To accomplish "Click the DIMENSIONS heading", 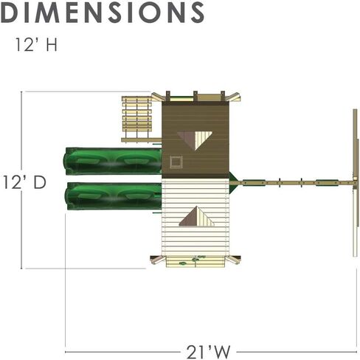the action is pyautogui.click(x=103, y=13).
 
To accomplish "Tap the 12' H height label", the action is pyautogui.click(x=36, y=44).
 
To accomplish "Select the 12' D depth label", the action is pyautogui.click(x=24, y=182).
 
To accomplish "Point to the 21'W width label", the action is pyautogui.click(x=208, y=352).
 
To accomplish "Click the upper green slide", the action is pyautogui.click(x=113, y=161).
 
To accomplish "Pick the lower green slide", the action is pyautogui.click(x=114, y=196).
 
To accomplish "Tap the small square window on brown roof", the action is pyautogui.click(x=176, y=162).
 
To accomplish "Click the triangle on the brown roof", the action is pyautogui.click(x=195, y=139).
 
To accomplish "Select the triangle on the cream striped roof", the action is pyautogui.click(x=197, y=216).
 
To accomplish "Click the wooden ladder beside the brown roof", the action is pyautogui.click(x=137, y=117).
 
